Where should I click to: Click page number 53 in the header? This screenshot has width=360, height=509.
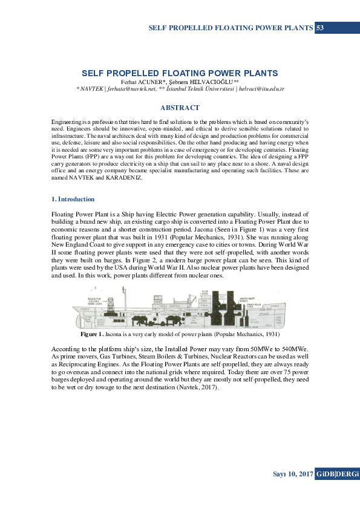point(321,28)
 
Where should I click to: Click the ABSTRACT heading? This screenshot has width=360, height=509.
point(180,108)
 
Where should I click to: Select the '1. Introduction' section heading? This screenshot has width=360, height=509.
point(73,199)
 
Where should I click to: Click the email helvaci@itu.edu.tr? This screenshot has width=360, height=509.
point(260,88)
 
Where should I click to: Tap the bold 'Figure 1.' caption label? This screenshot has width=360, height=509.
point(93,334)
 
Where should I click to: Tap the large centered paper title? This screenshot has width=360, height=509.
point(180,73)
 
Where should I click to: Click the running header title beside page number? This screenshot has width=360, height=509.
point(231,28)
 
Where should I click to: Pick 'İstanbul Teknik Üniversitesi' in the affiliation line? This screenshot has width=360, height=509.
point(200,88)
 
